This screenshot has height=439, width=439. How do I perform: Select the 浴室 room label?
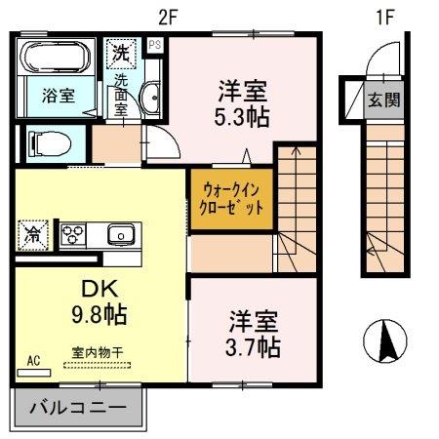click(x=56, y=97)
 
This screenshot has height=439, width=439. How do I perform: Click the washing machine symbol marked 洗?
click(x=120, y=51)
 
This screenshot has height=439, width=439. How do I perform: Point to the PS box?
click(x=154, y=44)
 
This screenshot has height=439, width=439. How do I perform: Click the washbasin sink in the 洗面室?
click(x=151, y=97)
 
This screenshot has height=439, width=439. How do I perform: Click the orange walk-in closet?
click(x=231, y=199)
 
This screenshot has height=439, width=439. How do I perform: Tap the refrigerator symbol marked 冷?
click(x=32, y=235)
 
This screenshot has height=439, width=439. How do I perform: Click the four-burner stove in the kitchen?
click(x=75, y=234)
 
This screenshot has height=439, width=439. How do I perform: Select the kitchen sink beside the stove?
click(x=121, y=234)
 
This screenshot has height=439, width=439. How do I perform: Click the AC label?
click(x=33, y=361)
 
